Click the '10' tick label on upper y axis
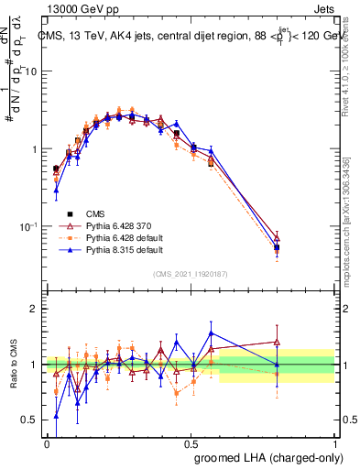(x=29, y=71)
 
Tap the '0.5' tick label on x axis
(x=191, y=442)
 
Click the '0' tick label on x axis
(x=47, y=442)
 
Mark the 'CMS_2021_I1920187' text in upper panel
(x=191, y=272)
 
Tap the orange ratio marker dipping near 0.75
(x=177, y=393)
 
